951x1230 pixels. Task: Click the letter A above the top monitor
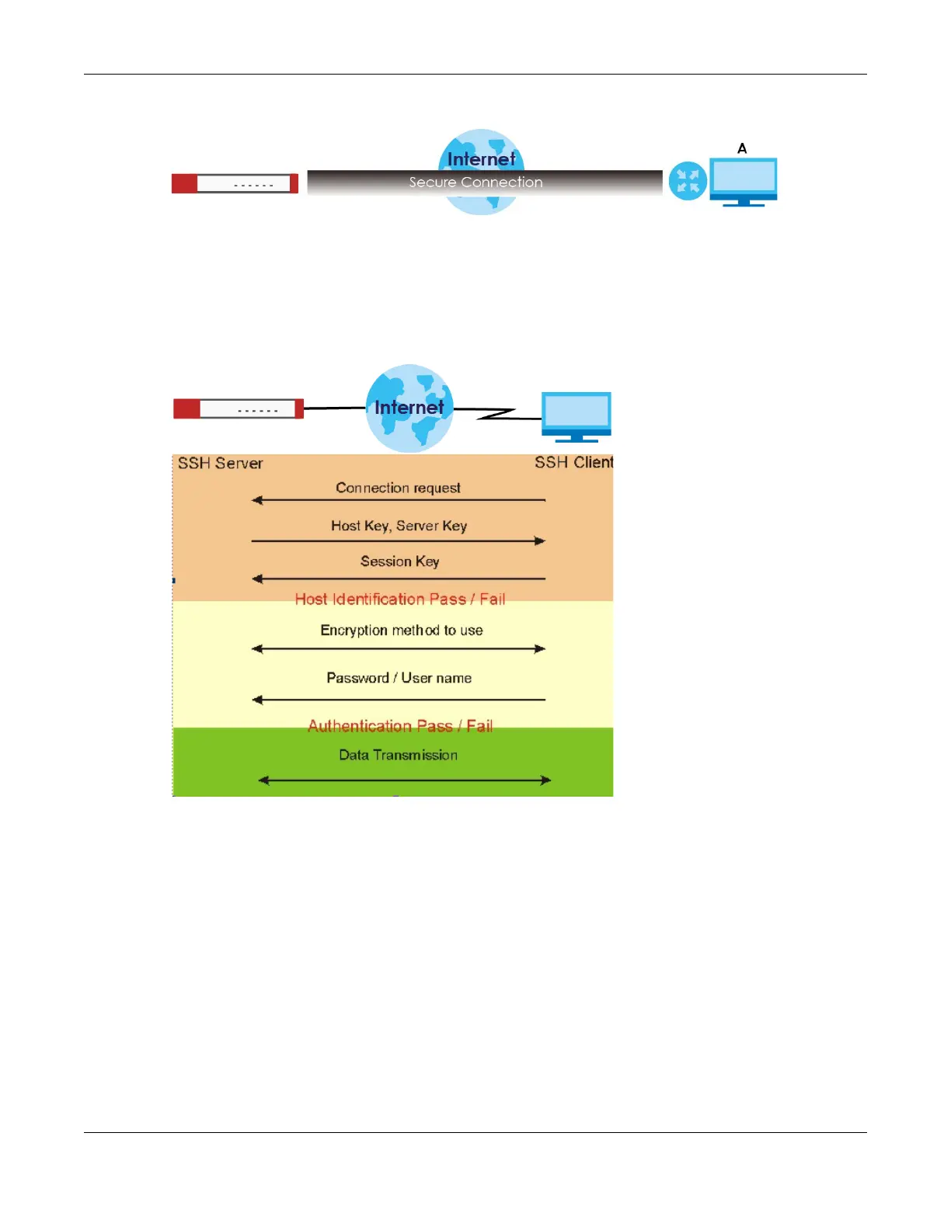[742, 148]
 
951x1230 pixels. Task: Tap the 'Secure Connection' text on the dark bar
[475, 182]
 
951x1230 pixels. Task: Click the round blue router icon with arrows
[688, 181]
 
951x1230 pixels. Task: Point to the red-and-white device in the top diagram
[235, 184]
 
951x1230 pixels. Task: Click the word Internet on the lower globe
[409, 408]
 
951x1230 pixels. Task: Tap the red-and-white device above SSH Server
[238, 408]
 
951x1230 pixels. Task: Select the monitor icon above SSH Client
[576, 415]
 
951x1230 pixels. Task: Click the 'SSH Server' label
[220, 464]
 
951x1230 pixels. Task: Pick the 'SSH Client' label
[573, 463]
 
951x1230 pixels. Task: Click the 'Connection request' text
[398, 488]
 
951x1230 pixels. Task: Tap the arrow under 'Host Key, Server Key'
[399, 540]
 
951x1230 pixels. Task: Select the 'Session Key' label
[399, 561]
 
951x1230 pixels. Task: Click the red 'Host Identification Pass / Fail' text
[399, 599]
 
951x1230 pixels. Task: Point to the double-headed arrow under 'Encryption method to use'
[399, 648]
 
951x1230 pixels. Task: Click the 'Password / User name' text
[399, 678]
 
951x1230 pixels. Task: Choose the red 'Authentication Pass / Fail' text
[399, 726]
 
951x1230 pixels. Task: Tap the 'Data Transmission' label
[398, 755]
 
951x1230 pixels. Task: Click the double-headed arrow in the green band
[404, 780]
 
